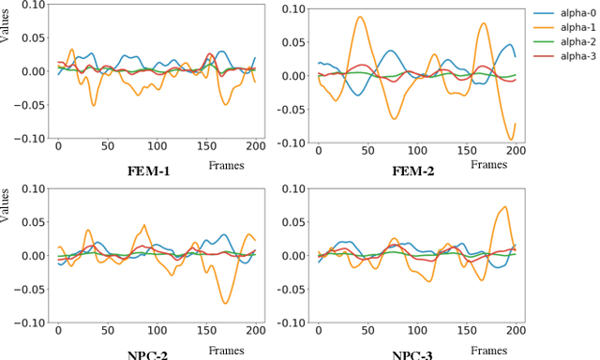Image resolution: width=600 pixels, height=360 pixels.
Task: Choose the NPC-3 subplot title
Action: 412,355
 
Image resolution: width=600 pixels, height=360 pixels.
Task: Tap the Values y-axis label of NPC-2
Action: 7,226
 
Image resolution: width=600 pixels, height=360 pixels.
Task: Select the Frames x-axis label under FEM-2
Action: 487,164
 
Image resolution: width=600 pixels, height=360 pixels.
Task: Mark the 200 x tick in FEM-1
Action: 253,146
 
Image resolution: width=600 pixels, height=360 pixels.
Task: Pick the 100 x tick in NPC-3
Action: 416,330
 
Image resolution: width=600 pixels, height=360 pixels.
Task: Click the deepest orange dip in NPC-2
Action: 226,303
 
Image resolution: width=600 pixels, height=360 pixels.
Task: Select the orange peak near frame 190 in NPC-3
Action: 505,207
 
